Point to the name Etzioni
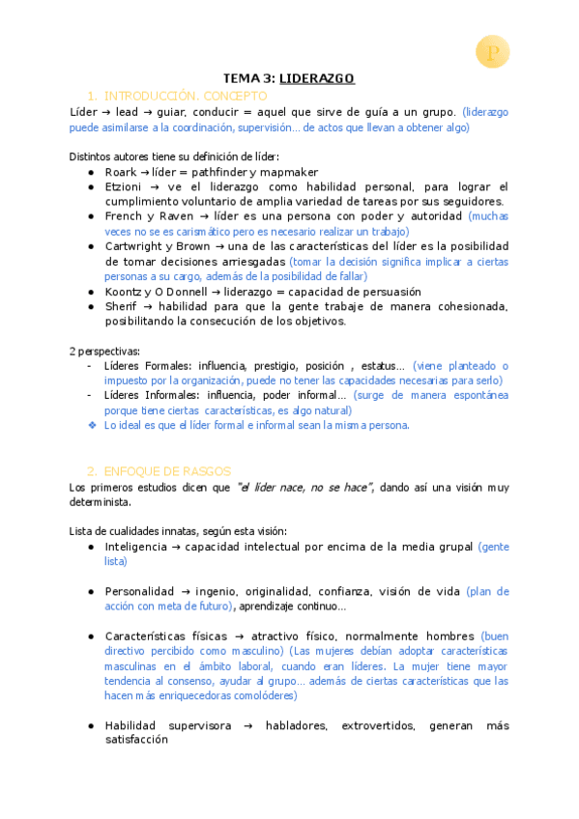124,187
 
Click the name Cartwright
134,246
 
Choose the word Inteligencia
135,547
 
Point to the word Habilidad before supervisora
131,726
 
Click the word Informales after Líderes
171,395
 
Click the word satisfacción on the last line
136,741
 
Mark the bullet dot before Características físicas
90,636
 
